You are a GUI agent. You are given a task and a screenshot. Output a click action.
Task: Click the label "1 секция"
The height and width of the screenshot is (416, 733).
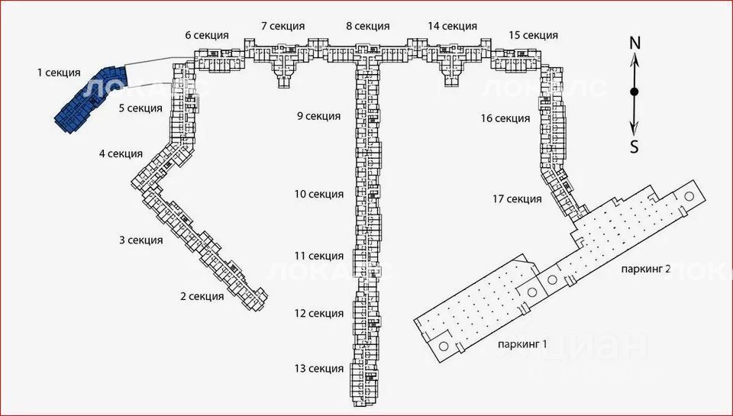click(x=59, y=73)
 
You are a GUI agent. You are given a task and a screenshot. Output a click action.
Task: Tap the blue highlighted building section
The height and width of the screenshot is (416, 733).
click(x=89, y=99)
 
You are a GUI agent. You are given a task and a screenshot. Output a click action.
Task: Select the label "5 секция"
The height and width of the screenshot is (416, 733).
click(x=140, y=108)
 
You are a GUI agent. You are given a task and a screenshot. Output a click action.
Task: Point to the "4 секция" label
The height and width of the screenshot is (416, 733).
click(x=121, y=153)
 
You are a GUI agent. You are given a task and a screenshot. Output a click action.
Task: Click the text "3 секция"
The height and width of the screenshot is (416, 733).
click(x=140, y=240)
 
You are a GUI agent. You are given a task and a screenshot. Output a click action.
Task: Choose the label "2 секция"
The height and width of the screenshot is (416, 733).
click(x=202, y=296)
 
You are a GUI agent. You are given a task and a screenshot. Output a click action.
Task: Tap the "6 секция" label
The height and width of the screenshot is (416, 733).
click(x=207, y=35)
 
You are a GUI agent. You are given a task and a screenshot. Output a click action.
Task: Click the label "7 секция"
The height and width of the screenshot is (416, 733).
click(x=283, y=26)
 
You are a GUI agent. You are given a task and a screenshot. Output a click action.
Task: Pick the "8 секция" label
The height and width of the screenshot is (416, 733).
click(x=368, y=26)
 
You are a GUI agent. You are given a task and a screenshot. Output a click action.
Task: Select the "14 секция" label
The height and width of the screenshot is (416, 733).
click(x=452, y=26)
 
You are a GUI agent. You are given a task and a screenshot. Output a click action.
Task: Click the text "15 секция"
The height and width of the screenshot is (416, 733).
click(x=534, y=35)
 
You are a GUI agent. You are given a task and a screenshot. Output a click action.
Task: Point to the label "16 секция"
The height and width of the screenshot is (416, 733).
click(x=505, y=119)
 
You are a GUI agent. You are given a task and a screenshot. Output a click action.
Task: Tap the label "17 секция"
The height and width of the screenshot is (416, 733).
click(x=517, y=199)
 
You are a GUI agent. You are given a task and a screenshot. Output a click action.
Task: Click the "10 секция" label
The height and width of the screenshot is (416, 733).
click(x=319, y=194)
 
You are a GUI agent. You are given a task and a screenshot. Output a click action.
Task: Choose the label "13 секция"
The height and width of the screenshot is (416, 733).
click(x=319, y=369)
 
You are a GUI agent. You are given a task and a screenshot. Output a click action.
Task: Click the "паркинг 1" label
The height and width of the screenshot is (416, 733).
click(x=522, y=345)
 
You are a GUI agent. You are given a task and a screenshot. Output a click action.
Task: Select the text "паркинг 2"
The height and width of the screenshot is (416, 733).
click(x=646, y=269)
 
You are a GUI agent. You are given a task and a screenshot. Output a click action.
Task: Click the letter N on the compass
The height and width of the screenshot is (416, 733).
click(x=635, y=43)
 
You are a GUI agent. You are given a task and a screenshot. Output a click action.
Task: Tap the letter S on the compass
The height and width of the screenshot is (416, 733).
click(x=635, y=148)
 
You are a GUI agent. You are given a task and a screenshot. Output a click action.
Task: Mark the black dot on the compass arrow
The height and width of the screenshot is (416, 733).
click(x=635, y=92)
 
